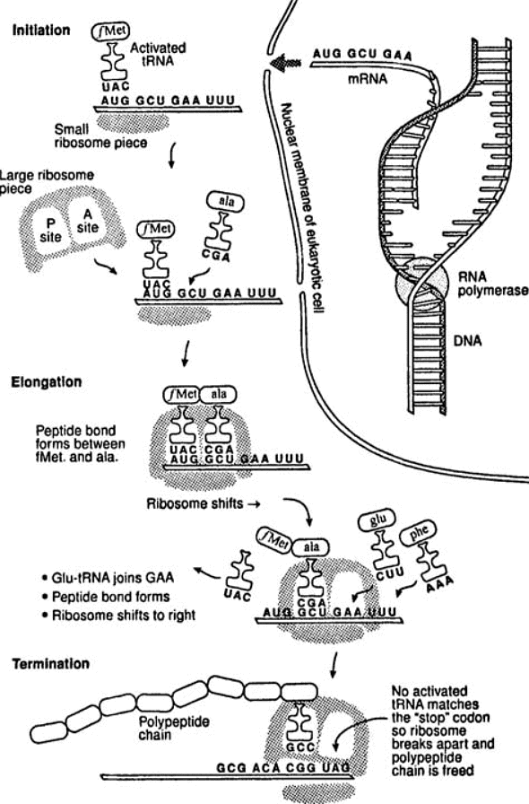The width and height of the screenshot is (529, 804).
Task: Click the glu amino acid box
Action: tap(377, 520)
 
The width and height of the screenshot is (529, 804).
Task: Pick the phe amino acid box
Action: tap(425, 531)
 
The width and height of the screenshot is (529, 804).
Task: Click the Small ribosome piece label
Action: tap(87, 135)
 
